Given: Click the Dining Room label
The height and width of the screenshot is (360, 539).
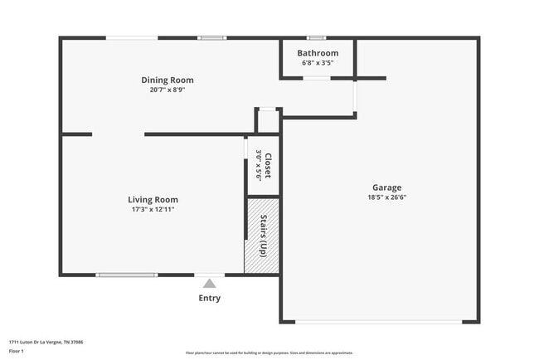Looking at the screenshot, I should tap(167, 80).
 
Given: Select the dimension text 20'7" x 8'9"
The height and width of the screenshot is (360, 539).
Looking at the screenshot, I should tap(167, 90).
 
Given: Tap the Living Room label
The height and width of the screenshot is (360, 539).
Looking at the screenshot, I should tap(153, 199).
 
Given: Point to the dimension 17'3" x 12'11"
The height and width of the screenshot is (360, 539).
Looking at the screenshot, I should tap(153, 209).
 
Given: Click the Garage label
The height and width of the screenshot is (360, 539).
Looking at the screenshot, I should tap(386, 187).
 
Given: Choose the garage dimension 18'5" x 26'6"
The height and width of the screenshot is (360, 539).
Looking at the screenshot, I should tap(386, 197).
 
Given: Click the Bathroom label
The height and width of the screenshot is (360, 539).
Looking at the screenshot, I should tap(318, 53).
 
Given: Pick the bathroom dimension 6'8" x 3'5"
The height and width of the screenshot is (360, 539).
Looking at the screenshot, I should tap(318, 62).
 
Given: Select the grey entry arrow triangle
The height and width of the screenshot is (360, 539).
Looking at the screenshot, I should tap(209, 283).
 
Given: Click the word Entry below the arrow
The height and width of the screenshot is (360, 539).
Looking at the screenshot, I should tap(209, 298).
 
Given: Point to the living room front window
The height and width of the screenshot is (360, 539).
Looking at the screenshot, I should tap(126, 275).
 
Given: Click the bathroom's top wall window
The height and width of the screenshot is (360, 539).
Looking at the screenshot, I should tap(316, 37).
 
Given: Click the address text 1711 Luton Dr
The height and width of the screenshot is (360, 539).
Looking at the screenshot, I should tap(46, 342).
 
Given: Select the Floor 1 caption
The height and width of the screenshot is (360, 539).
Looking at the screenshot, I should tap(17, 352).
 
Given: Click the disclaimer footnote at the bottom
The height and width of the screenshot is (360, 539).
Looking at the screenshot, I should tap(269, 353).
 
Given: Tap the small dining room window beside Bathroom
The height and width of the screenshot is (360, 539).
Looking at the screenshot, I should tap(211, 37).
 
